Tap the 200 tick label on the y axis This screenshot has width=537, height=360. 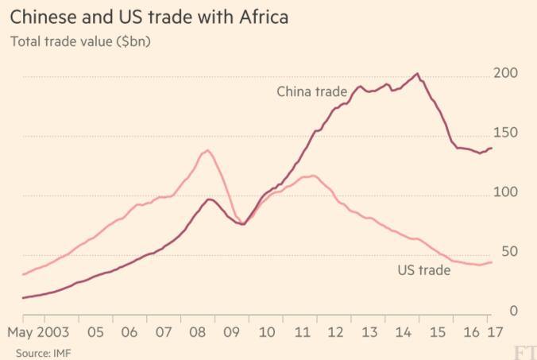506,74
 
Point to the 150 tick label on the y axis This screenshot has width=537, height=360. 506,133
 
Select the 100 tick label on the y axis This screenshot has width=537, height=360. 506,192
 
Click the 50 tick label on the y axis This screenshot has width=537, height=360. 510,252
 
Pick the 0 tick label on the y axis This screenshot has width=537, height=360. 514,311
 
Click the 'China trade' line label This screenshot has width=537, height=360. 311,91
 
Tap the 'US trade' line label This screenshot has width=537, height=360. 423,270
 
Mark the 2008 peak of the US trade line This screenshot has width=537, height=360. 207,150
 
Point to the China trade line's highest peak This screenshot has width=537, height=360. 417,74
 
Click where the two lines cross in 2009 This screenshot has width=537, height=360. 242,223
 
